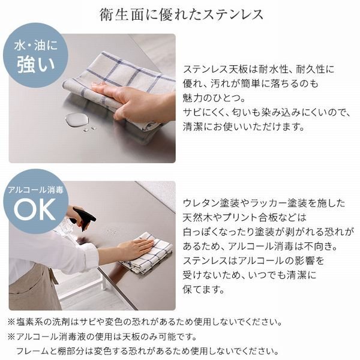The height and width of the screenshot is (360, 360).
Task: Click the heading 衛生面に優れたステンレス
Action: pos(181,15)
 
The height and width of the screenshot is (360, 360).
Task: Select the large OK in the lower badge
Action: pos(34,210)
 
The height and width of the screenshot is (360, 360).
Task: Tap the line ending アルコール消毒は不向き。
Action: pos(259,247)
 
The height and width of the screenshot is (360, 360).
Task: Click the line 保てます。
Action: pos(204,289)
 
